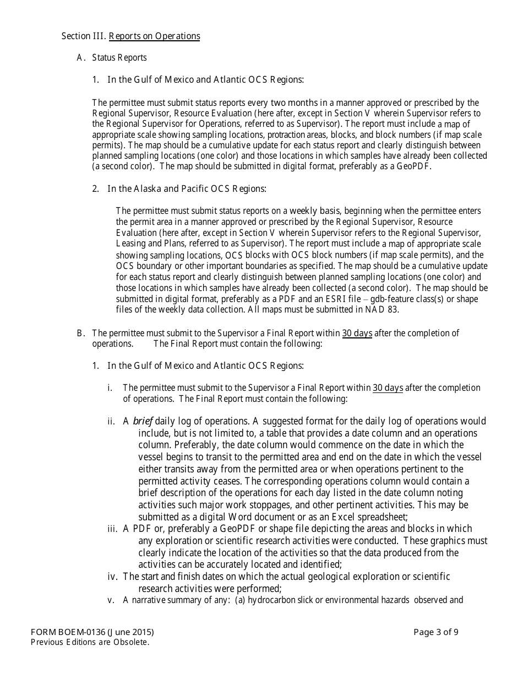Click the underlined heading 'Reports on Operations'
pos(154,36)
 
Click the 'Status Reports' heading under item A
pos(119,57)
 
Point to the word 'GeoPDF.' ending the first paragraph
pos(413,166)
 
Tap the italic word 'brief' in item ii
pos(142,422)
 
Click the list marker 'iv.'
pos(113,577)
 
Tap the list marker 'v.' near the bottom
pos(111,600)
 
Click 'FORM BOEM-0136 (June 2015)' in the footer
pos(92,632)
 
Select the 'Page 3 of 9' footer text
pos(435,632)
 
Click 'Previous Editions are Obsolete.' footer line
pos(90,642)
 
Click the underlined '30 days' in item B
pos(357,333)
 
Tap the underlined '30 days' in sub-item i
pos(388,388)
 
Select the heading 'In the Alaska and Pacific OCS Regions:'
pos(187,189)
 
